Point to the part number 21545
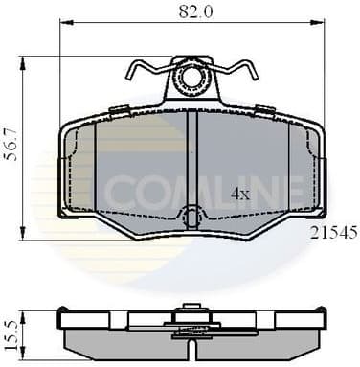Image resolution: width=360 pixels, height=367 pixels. pos(331,232)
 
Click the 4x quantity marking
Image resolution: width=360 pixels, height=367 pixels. pos(240,193)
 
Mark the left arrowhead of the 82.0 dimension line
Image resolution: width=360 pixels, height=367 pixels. pos(64,25)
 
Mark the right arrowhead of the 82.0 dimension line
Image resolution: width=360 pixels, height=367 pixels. pos(323,25)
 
